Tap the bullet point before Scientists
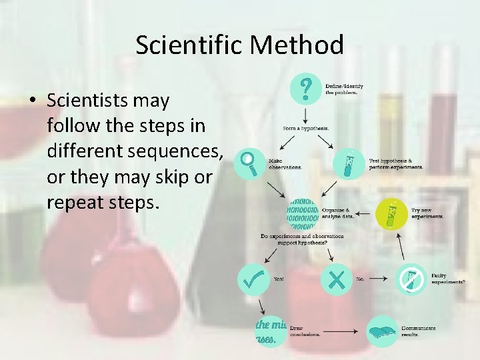pyautogui.click(x=33, y=101)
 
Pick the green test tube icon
pyautogui.click(x=393, y=213)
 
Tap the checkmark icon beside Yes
pyautogui.click(x=253, y=280)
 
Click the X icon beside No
pyautogui.click(x=336, y=280)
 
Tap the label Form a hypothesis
pyautogui.click(x=306, y=128)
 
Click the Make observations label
pyautogui.click(x=285, y=163)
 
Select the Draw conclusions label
pyautogui.click(x=305, y=331)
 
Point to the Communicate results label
pyautogui.click(x=418, y=331)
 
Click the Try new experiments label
pyautogui.click(x=427, y=213)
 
